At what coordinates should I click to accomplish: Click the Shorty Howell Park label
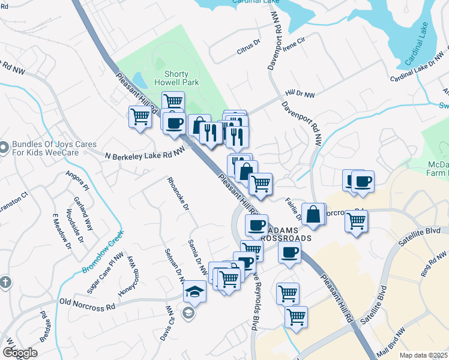pos(172,78)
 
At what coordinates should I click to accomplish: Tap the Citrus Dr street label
pos(248,47)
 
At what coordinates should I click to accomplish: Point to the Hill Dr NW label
pos(300,94)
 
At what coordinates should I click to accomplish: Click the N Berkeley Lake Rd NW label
pos(143,154)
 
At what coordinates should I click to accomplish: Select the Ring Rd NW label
pos(433,264)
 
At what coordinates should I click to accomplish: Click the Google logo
pos(20,353)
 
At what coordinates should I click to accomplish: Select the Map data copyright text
pos(424,355)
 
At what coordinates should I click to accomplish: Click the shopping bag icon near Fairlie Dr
pos(314,214)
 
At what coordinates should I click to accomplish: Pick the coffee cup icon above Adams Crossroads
pos(257,226)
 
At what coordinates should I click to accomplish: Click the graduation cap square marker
pos(194,292)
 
